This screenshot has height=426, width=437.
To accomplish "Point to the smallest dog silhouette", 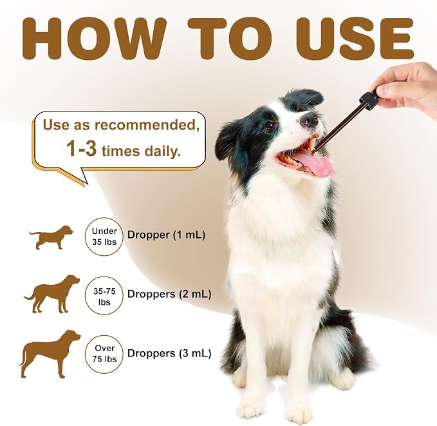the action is point(51,237).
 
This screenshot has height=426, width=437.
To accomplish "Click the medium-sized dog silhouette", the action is point(52,294).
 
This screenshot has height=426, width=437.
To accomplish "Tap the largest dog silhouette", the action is point(50,354).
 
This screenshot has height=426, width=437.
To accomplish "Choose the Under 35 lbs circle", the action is point(104,237).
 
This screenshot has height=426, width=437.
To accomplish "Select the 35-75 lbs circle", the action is point(104,296).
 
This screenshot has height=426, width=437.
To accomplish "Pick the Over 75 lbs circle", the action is point(104,354).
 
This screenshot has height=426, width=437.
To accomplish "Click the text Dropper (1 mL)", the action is point(166,235).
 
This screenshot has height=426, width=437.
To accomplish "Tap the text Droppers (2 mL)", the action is point(169,295).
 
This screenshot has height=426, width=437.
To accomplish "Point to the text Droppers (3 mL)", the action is point(169,353).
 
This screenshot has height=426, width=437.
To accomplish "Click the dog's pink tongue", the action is point(312,165).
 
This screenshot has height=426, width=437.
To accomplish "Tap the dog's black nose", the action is point(309,119).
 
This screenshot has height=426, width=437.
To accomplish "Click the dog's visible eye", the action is point(270,125).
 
